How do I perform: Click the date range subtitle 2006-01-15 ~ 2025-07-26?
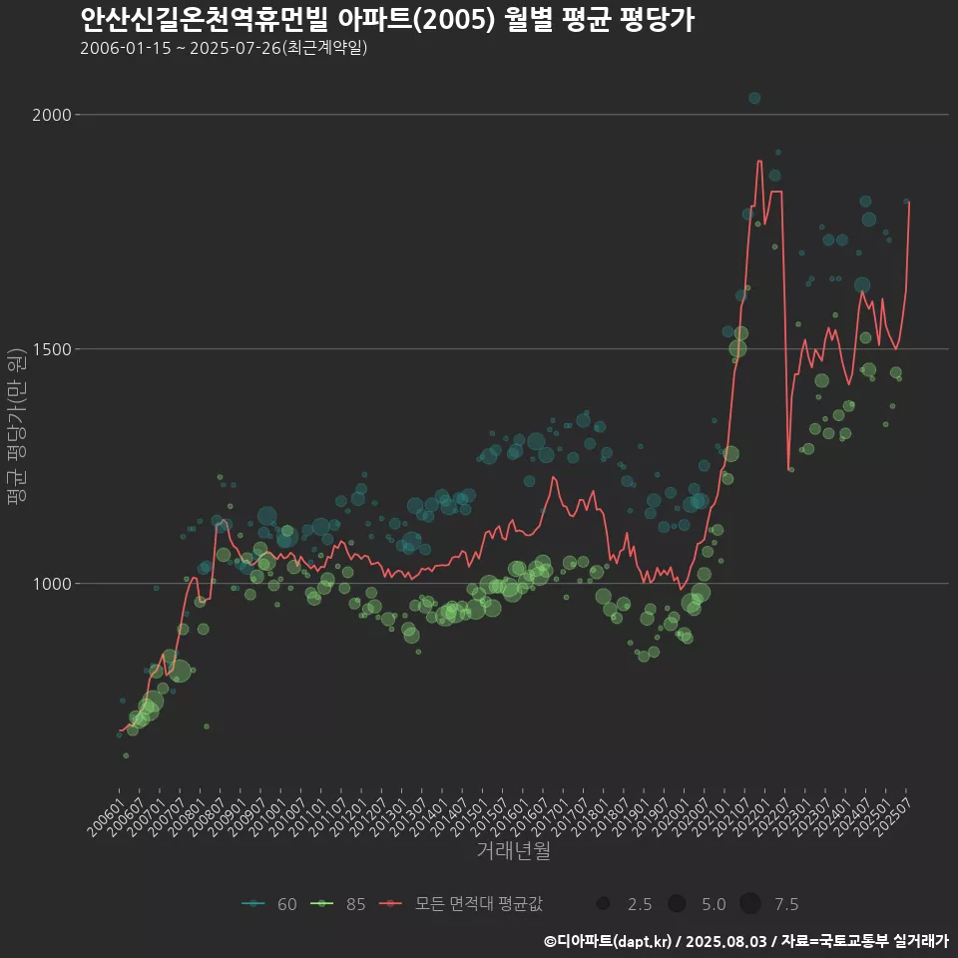pos(224,48)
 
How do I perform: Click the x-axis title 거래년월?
pos(513,850)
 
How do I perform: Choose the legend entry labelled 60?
pos(269,904)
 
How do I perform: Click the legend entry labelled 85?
pos(339,904)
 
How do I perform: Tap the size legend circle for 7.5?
pos(750,904)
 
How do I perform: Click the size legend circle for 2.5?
pos(603,904)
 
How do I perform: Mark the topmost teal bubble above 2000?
pos(754,98)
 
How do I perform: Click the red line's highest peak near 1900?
pos(759,161)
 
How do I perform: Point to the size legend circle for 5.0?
pos(677,904)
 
